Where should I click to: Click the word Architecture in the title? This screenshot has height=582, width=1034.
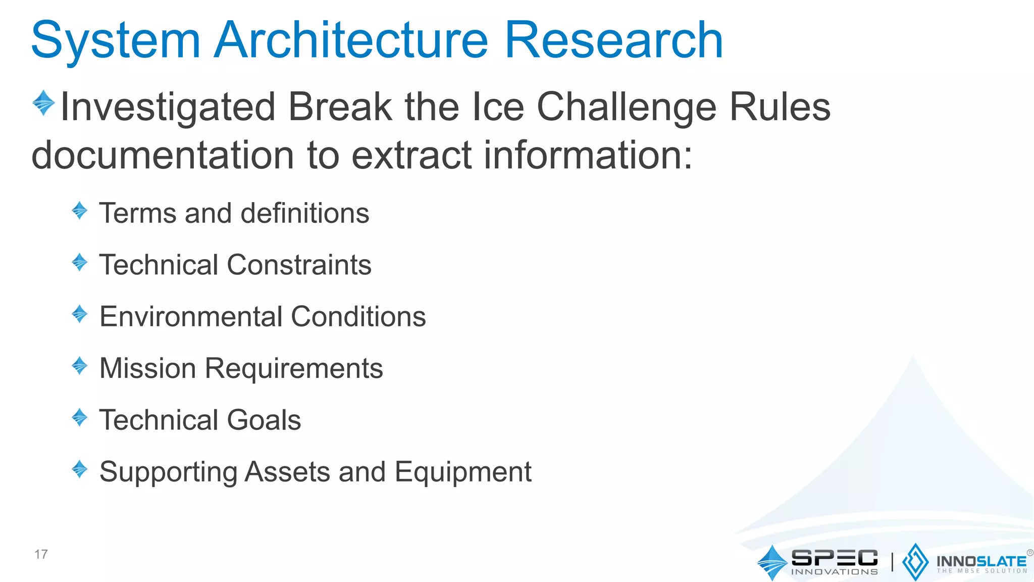[350, 40]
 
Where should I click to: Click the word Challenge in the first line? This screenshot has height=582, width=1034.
[626, 107]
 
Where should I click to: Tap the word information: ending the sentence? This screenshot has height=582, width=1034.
[588, 155]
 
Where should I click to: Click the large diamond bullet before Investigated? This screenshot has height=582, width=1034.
[44, 103]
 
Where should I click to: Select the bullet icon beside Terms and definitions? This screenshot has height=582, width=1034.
[80, 210]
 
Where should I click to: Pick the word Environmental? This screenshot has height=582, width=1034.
[191, 317]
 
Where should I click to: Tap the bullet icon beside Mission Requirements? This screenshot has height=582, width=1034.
[80, 365]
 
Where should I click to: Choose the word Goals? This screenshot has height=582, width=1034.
[264, 420]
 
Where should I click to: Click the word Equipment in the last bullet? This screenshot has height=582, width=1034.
[463, 472]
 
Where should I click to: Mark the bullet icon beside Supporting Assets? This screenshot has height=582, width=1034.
[80, 469]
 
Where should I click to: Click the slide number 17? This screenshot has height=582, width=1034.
[41, 554]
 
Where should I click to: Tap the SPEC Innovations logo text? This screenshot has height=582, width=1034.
[834, 561]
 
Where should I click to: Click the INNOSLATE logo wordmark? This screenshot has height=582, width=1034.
[981, 561]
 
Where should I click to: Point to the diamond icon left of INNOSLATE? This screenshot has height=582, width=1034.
[915, 562]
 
